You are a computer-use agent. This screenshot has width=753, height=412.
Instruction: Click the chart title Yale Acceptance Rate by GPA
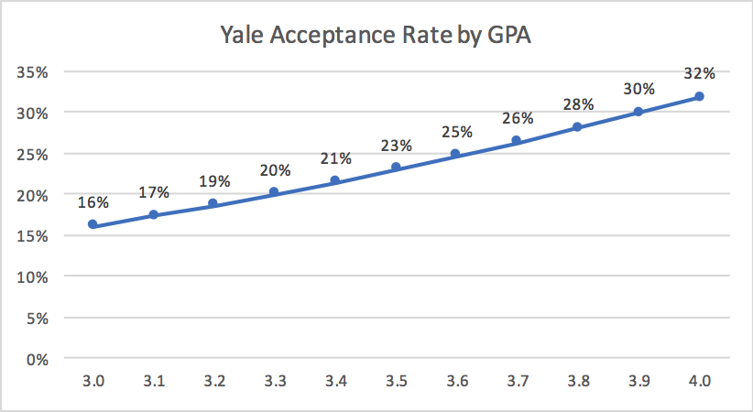point(377,35)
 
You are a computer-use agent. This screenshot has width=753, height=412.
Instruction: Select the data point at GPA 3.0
point(93,224)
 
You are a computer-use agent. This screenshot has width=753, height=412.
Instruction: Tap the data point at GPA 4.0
point(699,96)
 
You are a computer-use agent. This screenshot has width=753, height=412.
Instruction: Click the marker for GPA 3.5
point(396,168)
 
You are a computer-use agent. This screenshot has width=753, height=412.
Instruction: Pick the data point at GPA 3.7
point(517,140)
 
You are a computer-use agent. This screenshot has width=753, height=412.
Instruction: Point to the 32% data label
point(699,73)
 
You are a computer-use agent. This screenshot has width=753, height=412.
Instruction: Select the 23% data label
point(396,146)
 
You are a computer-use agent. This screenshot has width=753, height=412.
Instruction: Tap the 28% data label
point(577,104)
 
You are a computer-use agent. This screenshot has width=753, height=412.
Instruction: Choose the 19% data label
point(214,180)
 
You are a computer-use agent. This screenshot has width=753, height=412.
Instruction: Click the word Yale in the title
point(241,35)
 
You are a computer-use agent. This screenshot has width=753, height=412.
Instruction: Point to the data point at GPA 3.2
point(214,203)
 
